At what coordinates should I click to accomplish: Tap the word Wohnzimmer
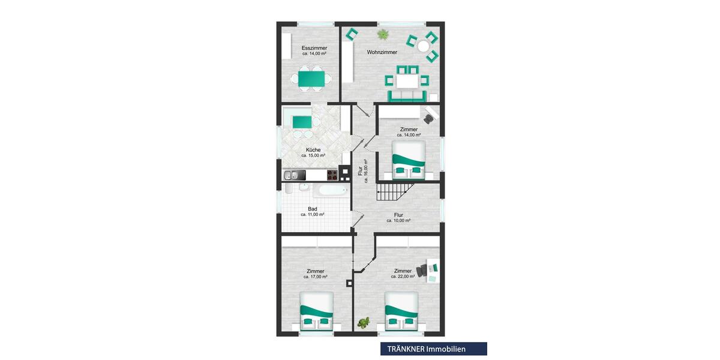(x=382, y=52)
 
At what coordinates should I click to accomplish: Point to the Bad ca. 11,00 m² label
(x=313, y=211)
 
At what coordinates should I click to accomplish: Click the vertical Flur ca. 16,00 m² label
(x=362, y=170)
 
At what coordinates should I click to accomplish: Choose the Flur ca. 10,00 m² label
(x=398, y=217)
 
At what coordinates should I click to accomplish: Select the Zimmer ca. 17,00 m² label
(x=314, y=274)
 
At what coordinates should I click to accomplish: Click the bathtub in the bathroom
(x=330, y=190)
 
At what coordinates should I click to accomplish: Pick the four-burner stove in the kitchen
(x=332, y=175)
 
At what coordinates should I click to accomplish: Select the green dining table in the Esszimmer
(x=310, y=78)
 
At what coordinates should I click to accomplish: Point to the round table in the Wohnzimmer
(x=424, y=46)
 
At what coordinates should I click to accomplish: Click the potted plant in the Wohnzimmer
(x=383, y=34)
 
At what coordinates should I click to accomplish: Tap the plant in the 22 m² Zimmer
(x=364, y=323)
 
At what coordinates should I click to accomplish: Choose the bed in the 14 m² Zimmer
(x=408, y=160)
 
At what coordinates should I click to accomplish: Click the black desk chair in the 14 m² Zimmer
(x=428, y=118)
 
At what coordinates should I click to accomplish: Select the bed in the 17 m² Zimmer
(x=316, y=311)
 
